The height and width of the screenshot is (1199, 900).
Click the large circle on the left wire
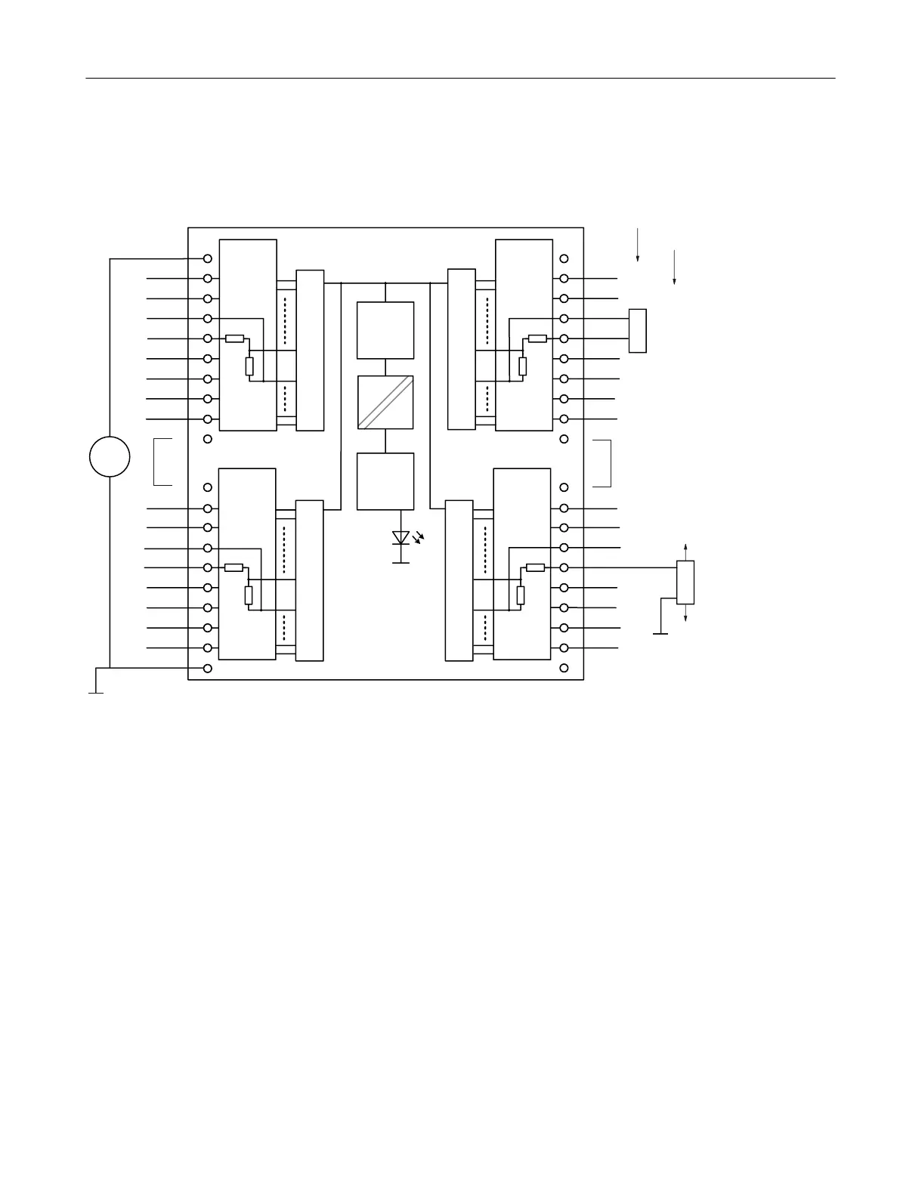pyautogui.click(x=110, y=456)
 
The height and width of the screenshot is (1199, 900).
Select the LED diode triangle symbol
pyautogui.click(x=401, y=537)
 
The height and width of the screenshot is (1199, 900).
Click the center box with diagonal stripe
pyautogui.click(x=385, y=402)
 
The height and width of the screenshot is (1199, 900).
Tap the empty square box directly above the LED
pyautogui.click(x=385, y=481)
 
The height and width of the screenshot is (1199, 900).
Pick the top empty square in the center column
pyautogui.click(x=385, y=330)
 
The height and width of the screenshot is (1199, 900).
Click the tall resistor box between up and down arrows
pyautogui.click(x=685, y=583)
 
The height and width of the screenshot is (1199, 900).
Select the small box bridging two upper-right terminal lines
pyautogui.click(x=638, y=330)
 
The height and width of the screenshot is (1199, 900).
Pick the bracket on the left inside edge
pyautogui.click(x=162, y=461)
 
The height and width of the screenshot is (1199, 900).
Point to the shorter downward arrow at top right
pyautogui.click(x=674, y=267)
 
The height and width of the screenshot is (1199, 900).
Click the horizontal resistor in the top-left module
pyautogui.click(x=234, y=338)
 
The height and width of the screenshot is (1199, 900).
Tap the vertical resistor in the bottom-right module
pyautogui.click(x=520, y=595)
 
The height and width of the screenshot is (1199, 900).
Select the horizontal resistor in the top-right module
pyautogui.click(x=537, y=338)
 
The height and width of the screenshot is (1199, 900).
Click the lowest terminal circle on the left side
pyautogui.click(x=208, y=669)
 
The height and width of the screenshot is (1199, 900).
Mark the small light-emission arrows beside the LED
pyautogui.click(x=419, y=538)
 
